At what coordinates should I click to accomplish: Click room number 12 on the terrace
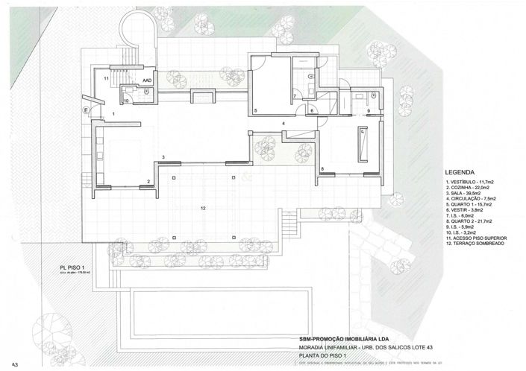203,207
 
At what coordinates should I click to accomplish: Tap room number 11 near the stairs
107,77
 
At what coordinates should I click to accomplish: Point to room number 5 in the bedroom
256,111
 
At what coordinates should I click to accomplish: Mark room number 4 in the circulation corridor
284,122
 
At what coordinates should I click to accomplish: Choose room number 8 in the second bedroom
322,170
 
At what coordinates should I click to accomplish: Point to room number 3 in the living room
163,156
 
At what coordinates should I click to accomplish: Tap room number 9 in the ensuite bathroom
369,112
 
